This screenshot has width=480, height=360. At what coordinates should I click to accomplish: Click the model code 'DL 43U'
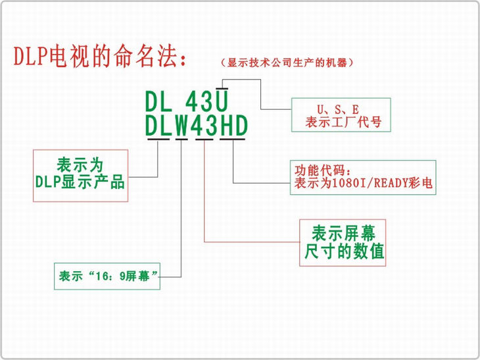tap(187, 102)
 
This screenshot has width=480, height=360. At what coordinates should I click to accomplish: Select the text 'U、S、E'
tap(341, 107)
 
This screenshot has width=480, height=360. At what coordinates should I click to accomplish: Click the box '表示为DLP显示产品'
tap(80, 175)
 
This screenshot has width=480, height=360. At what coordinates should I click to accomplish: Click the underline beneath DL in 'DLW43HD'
tap(159, 139)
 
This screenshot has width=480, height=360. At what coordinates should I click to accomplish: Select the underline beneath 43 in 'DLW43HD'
tap(204, 139)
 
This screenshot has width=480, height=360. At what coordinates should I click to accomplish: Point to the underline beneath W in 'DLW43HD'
tap(181, 139)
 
